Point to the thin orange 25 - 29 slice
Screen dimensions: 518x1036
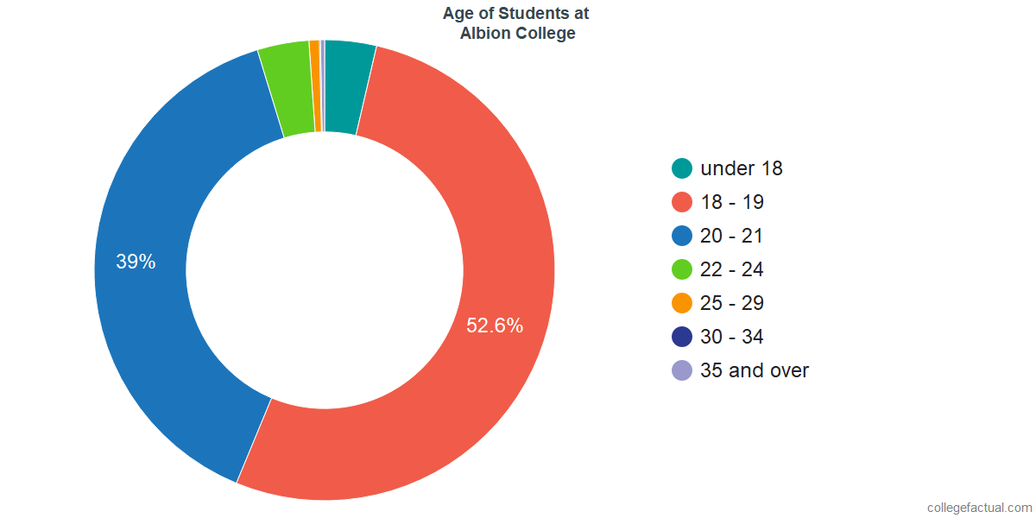pos(315,86)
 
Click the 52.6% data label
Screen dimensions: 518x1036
pos(495,325)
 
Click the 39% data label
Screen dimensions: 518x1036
pos(136,262)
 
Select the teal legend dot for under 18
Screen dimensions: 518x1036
pos(682,168)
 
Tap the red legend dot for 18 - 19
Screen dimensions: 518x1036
pos(682,202)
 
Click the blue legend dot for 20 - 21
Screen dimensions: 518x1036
pos(682,236)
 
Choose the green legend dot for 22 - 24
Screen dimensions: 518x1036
pos(682,269)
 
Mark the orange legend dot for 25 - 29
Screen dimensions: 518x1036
pos(682,303)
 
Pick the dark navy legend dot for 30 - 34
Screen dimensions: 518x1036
pos(682,337)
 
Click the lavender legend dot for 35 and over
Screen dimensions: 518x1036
pos(682,370)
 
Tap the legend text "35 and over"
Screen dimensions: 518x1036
pos(755,370)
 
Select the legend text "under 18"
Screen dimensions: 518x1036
pos(742,168)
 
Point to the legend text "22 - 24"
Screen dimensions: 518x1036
pos(732,269)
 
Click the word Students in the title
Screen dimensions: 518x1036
pos(521,14)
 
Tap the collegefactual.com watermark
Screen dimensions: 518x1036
pos(979,507)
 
